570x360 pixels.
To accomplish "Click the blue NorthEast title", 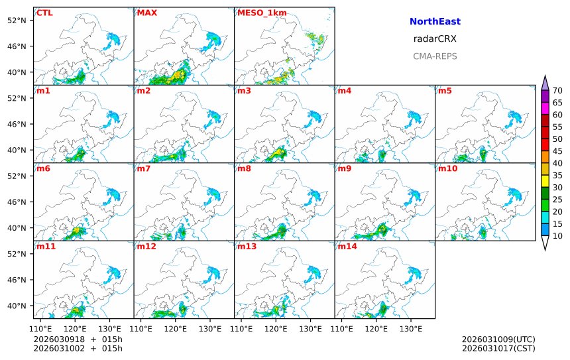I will point(435,22).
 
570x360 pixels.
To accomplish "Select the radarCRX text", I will point(435,39).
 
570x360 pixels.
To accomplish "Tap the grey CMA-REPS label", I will point(435,56).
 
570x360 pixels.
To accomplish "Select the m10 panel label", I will point(447,168).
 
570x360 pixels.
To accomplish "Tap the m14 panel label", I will point(347,247).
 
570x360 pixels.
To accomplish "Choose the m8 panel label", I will point(244,168).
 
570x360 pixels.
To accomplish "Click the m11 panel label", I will point(46,247).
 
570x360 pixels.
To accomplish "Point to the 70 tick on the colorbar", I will point(557,91).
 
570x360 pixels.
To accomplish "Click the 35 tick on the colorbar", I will point(557,175).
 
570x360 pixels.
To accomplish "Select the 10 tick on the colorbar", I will point(557,235).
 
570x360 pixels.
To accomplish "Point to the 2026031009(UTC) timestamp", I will point(498,339).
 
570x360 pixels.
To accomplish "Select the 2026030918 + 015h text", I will point(78,339).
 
